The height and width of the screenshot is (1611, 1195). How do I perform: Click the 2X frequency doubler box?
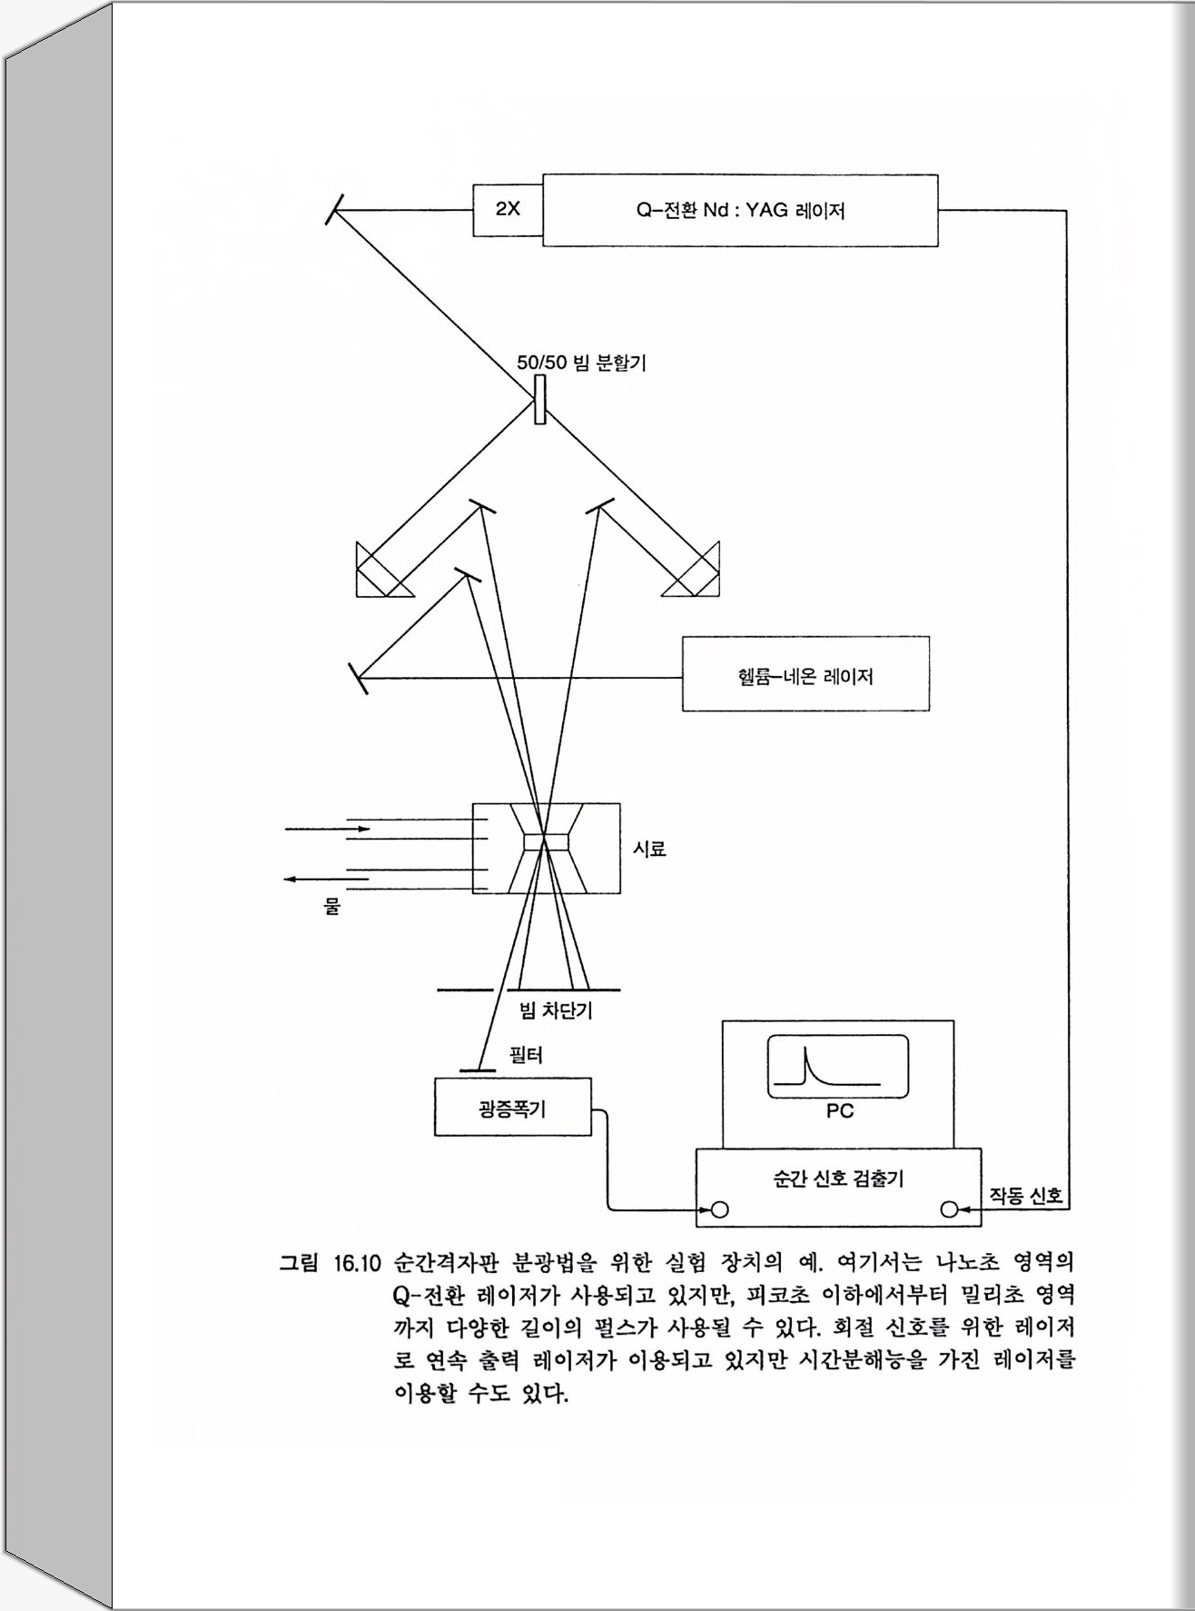508,209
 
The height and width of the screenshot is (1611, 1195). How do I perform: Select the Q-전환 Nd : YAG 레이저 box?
740,211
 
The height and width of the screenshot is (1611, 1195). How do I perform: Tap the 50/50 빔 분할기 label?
581,363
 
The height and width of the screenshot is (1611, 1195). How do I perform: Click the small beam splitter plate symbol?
540,401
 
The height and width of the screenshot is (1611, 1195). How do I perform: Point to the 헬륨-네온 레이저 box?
805,674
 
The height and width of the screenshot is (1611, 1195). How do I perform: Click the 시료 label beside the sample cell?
649,849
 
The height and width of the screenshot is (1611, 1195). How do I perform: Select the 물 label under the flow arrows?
331,906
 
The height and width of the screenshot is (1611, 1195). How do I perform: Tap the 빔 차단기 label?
555,1010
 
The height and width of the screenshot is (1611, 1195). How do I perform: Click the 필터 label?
526,1055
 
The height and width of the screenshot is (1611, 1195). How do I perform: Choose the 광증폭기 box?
512,1108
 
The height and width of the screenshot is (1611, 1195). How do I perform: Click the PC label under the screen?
839,1111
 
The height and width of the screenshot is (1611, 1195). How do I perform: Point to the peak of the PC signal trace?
805,1050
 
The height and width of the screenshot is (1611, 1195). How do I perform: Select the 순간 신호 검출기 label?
837,1178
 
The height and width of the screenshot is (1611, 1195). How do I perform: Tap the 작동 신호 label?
1025,1195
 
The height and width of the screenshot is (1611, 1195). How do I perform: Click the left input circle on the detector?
720,1209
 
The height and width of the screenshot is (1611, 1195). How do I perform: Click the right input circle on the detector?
949,1209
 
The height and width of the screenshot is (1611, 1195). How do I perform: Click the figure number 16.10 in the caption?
356,1263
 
